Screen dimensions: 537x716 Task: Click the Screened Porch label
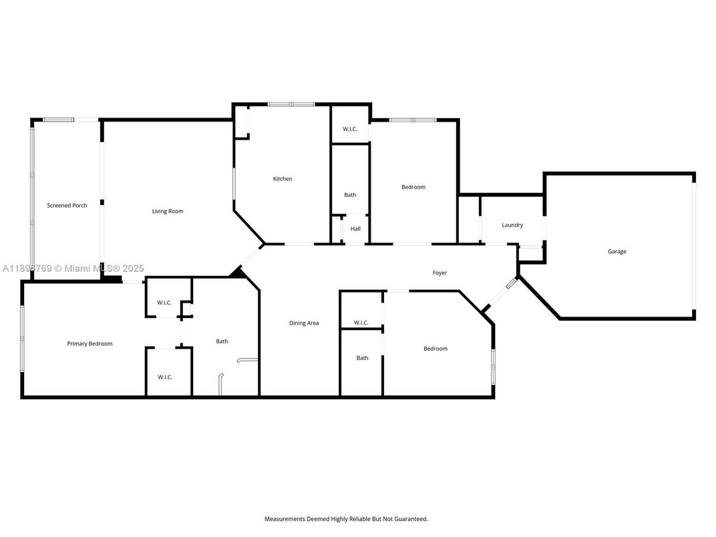pos(67,206)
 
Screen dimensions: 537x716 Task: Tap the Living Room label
pos(167,212)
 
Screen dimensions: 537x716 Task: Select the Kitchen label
pos(283,179)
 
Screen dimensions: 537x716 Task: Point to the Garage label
pos(616,252)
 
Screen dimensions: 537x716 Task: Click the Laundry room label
pos(512,225)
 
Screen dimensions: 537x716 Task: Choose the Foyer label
pos(439,273)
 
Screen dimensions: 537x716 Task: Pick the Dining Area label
pos(303,323)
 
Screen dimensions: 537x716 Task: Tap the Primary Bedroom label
pos(89,344)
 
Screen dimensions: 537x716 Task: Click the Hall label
pos(355,229)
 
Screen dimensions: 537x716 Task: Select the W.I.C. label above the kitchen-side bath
pos(350,129)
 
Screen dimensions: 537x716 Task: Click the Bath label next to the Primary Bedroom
pos(222,341)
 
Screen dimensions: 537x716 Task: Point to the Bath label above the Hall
pos(350,195)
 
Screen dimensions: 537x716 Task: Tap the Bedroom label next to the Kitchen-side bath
pos(413,187)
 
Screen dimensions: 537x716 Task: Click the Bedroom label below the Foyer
pos(435,349)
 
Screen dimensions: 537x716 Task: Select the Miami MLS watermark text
pos(100,268)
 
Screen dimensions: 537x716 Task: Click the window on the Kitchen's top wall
pos(291,104)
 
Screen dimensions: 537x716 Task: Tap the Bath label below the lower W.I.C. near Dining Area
pos(362,358)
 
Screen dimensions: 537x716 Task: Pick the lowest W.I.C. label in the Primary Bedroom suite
pos(165,377)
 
